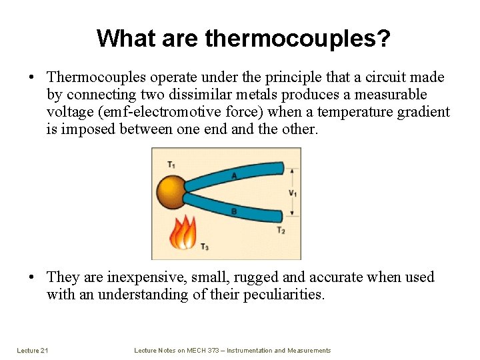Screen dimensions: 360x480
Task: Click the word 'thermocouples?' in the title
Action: (297, 39)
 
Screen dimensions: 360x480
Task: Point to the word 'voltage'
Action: (70, 112)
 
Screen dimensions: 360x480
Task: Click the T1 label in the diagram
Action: (172, 164)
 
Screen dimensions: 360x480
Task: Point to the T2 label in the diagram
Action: (281, 230)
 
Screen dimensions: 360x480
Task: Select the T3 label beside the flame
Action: (204, 247)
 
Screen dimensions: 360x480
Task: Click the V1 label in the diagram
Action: (293, 193)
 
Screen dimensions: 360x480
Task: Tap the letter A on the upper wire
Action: (233, 176)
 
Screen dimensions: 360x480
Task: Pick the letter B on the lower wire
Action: (233, 211)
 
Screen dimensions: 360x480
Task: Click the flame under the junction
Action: (183, 234)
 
